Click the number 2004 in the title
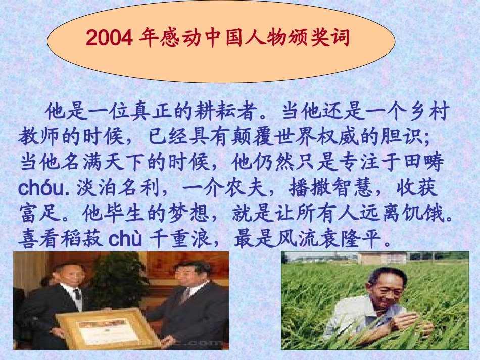pyautogui.click(x=109, y=38)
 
